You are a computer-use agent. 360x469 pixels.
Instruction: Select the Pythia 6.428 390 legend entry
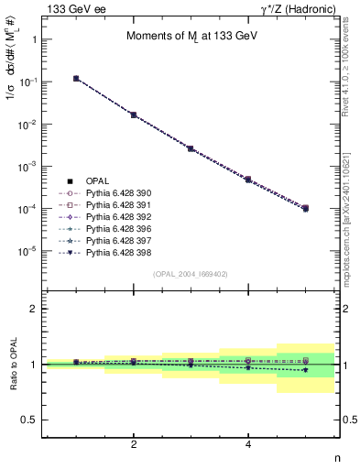point(115,193)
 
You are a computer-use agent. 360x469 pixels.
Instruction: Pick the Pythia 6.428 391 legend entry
point(115,205)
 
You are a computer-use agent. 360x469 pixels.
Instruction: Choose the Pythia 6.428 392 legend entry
point(115,217)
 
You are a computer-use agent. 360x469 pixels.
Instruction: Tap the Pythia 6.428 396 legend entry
point(115,229)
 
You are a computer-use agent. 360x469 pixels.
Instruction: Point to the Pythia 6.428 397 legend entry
point(115,241)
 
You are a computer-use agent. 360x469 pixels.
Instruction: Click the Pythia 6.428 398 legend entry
point(115,253)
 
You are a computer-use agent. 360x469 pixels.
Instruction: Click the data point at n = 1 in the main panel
point(76,79)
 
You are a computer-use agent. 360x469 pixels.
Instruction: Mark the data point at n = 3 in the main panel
point(191,147)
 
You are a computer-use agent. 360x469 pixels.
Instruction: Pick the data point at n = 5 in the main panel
point(305,209)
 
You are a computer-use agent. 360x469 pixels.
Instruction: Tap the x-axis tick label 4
point(248,444)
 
